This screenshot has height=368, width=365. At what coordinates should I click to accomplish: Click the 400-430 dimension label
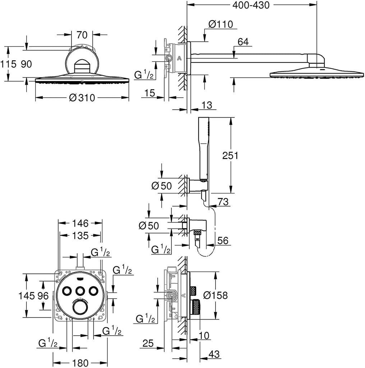251,5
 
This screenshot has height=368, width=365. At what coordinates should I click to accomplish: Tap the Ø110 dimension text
221,24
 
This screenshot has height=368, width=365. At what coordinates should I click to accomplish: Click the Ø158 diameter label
215,295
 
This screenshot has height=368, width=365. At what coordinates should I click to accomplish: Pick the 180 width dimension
80,363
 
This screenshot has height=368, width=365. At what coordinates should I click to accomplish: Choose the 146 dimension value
79,224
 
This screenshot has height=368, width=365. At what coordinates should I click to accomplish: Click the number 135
80,236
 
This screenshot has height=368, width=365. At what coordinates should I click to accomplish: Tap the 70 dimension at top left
82,35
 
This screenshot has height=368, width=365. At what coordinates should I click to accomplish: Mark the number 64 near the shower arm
243,42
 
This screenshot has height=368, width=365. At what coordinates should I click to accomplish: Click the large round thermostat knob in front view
80,308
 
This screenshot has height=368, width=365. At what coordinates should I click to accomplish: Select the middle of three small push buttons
80,290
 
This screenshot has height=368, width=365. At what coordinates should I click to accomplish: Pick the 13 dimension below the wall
207,105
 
